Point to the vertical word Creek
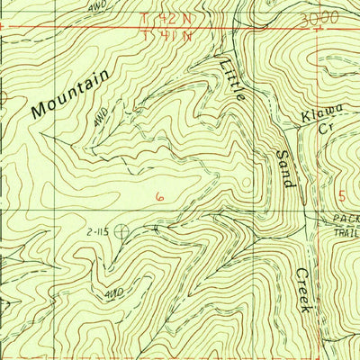click(303, 291)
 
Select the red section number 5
click(342, 196)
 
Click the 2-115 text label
click(98, 231)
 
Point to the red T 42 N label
click(167, 18)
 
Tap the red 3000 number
click(319, 18)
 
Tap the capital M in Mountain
click(39, 112)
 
